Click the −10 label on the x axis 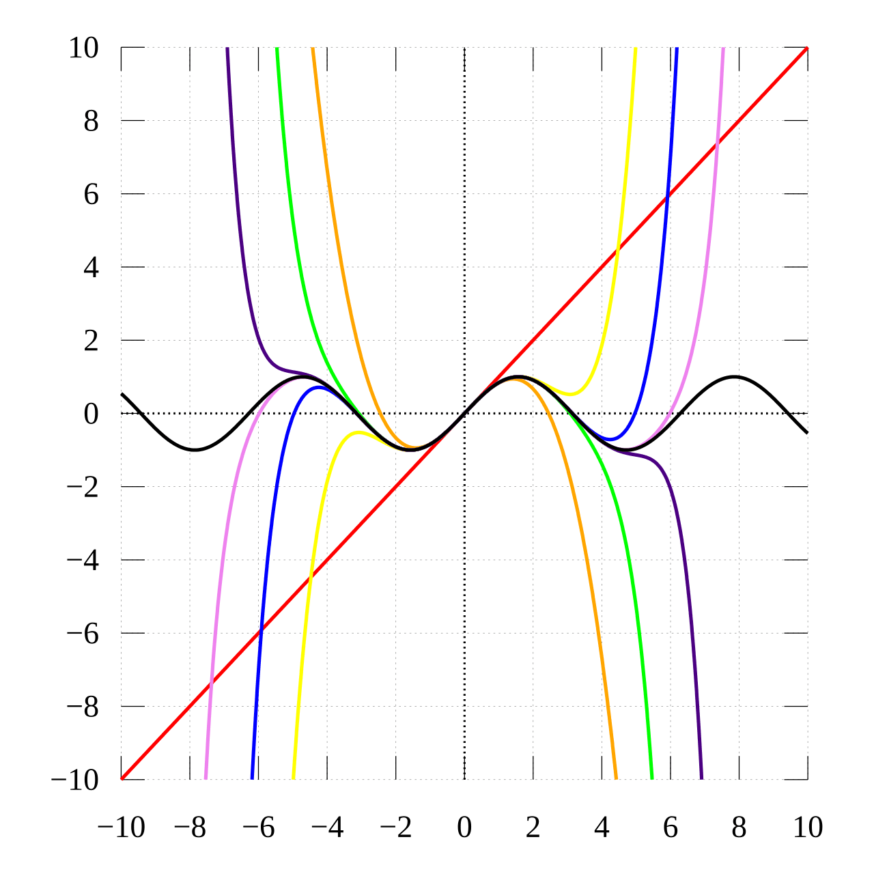tap(122, 828)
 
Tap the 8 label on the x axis tap(739, 828)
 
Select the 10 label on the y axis tap(83, 48)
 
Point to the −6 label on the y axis tap(83, 634)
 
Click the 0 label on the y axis tap(91, 414)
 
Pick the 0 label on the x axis tap(464, 828)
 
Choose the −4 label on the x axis tap(326, 828)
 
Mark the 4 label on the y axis tap(91, 268)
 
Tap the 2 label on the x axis tap(533, 828)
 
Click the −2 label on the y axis tap(83, 488)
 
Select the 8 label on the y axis tap(91, 122)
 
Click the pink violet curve tap(710, 205)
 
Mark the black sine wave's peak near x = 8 tap(734, 377)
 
